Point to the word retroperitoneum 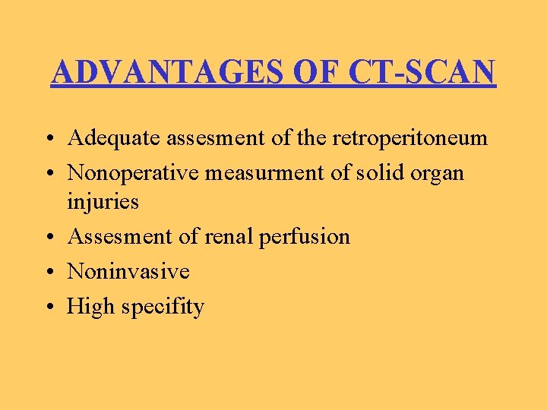[410, 138]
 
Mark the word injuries [103, 202]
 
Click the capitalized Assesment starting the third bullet [119, 237]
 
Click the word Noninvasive [128, 272]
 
